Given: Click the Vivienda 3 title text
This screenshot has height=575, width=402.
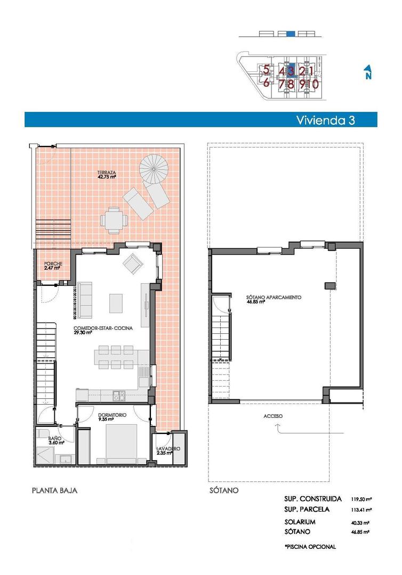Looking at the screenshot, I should click(x=325, y=120).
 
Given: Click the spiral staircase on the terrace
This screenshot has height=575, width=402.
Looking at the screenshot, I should click(x=154, y=169).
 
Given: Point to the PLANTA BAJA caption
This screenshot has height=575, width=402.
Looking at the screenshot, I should click(x=55, y=490).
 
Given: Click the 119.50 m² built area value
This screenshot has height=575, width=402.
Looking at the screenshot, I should click(x=361, y=499).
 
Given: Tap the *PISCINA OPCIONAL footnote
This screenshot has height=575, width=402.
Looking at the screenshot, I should click(x=310, y=546).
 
